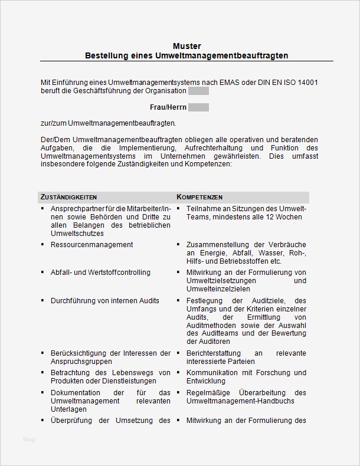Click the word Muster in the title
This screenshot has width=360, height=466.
(x=187, y=45)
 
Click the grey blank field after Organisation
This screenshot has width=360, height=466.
(x=198, y=91)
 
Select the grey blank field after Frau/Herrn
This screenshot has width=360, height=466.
(x=198, y=107)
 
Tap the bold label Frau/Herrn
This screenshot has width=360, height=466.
(x=168, y=107)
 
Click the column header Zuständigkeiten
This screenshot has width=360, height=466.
(x=68, y=197)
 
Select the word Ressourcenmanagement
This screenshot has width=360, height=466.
(x=91, y=244)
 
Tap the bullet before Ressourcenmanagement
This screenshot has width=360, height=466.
(x=43, y=244)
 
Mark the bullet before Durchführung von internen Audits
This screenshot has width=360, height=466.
(x=43, y=301)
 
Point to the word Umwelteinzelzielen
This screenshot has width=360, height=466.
(x=217, y=289)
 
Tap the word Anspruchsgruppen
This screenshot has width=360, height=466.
(x=81, y=361)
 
